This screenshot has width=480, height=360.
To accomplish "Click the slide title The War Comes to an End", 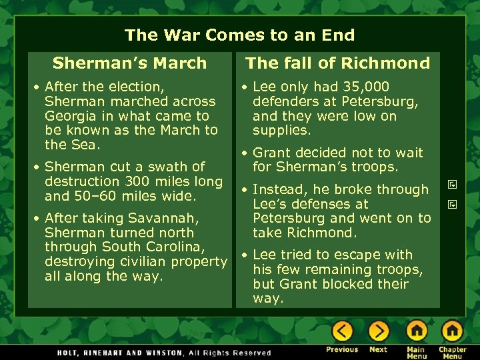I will click(x=239, y=35).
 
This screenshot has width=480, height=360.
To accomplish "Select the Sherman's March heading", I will click(x=129, y=63).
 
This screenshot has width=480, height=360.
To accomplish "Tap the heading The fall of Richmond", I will click(x=337, y=63).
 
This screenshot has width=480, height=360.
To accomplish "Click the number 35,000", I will click(x=365, y=87).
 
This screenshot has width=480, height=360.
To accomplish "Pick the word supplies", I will click(x=281, y=131).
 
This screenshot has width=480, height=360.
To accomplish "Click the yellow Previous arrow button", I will click(x=343, y=331).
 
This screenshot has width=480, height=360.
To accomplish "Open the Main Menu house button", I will click(x=417, y=331).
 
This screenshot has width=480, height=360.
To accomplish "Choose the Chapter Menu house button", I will click(x=452, y=331).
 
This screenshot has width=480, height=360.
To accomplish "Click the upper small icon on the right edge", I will click(x=451, y=185).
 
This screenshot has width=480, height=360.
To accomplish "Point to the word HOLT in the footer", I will click(x=71, y=353).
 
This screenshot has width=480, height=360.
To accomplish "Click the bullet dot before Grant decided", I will click(x=245, y=153).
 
